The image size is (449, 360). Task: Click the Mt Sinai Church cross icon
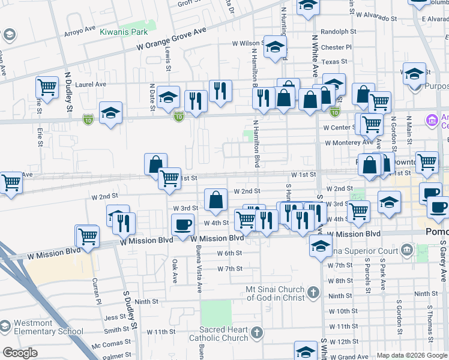312,293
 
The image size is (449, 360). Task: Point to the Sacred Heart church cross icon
257,332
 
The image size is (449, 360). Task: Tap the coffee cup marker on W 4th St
182,225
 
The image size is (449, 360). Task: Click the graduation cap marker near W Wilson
274,47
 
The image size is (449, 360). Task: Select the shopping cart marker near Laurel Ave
47,88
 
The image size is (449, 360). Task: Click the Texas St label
334,61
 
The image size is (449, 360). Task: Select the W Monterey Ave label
349,143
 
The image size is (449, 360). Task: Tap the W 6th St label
229,253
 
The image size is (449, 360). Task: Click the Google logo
20,353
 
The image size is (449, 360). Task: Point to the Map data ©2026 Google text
411,355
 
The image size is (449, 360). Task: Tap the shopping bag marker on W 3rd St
215,200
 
